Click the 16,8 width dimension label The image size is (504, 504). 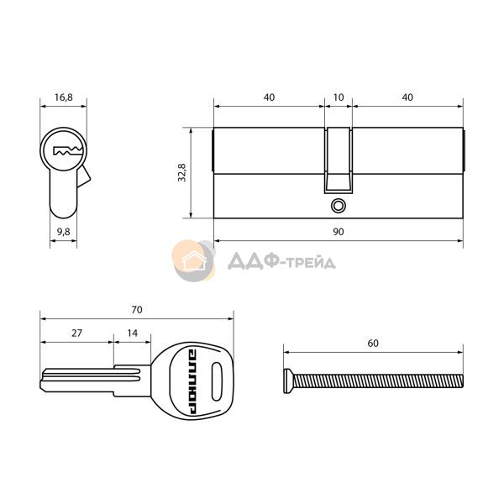(64, 97)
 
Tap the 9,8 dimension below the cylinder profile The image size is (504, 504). (64, 232)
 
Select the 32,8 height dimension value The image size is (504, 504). (182, 172)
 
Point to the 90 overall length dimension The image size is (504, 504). (339, 232)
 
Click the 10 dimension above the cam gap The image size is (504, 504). (339, 97)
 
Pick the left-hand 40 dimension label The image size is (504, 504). (269, 97)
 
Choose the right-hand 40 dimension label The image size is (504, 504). (407, 97)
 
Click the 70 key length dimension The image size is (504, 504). (137, 309)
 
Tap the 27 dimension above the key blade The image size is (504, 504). (76, 333)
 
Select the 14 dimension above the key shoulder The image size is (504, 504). (132, 333)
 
